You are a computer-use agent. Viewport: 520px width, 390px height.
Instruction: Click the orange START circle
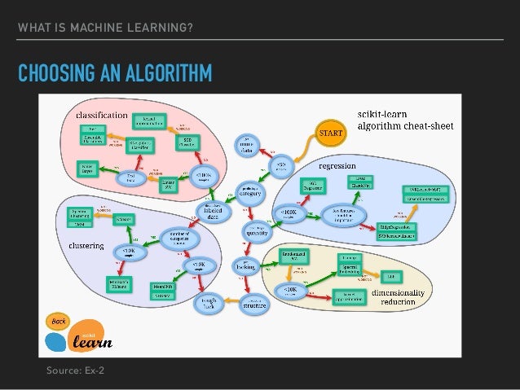(x=330, y=131)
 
